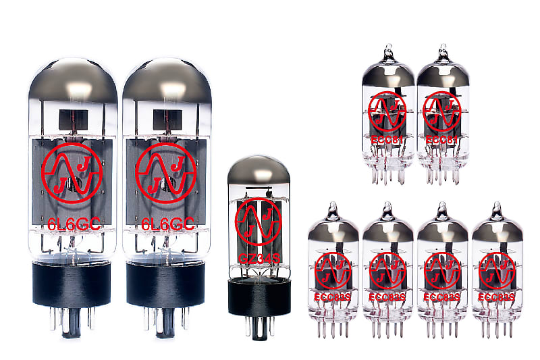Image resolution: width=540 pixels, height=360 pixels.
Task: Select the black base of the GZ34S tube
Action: pyautogui.click(x=254, y=294)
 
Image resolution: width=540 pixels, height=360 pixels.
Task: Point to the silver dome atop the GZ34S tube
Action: pyautogui.click(x=254, y=172)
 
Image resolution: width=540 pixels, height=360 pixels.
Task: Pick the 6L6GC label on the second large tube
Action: pyautogui.click(x=166, y=224)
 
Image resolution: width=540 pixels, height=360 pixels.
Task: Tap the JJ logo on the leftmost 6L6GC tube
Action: pyautogui.click(x=71, y=173)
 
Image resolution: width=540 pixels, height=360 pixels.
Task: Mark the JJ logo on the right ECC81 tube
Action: pyautogui.click(x=442, y=111)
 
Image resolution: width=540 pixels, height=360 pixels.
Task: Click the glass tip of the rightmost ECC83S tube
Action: pyautogui.click(x=498, y=208)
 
